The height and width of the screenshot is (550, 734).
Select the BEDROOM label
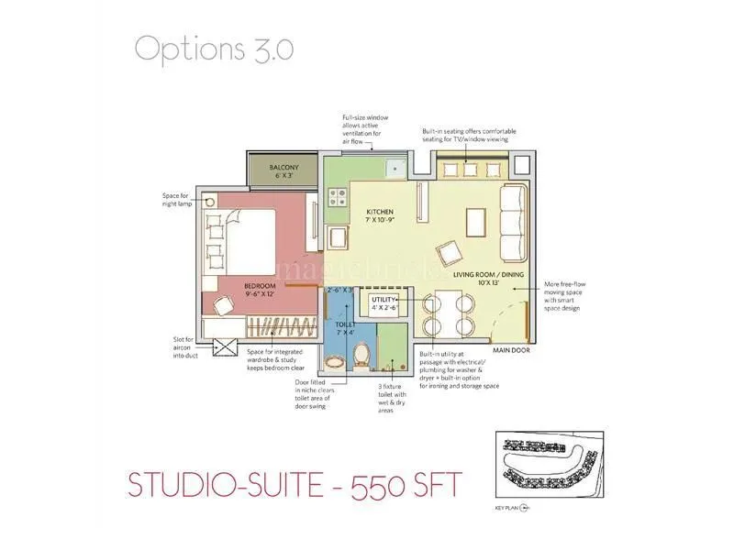[260, 286]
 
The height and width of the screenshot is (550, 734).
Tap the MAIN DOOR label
[512, 350]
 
